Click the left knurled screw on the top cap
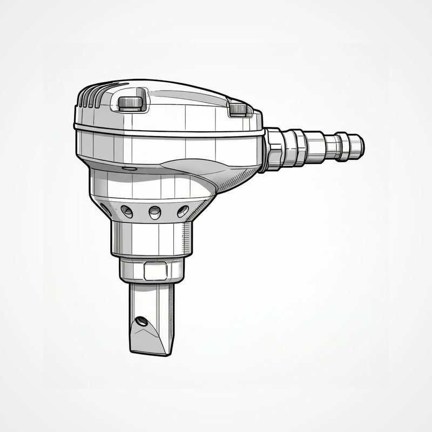coord(132,103)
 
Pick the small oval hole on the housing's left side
coord(130,169)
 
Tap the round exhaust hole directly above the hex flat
coord(155,212)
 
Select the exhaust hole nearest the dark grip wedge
coord(183,211)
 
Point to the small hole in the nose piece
coord(141,321)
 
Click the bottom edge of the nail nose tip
coord(151,352)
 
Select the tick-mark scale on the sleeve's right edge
coord(187,238)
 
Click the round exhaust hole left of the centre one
coord(127,212)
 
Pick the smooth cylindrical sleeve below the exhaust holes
coord(146,238)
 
